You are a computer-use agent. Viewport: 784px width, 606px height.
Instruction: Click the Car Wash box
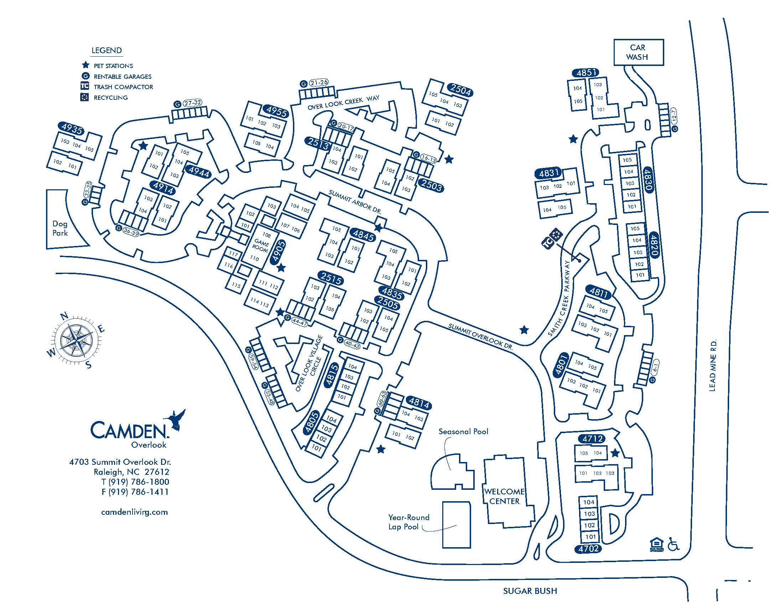(x=638, y=52)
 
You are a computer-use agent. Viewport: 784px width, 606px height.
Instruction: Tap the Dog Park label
(x=60, y=228)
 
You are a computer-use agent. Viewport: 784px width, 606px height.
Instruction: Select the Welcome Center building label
(x=504, y=497)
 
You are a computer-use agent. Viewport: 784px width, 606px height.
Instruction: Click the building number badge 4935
(x=72, y=129)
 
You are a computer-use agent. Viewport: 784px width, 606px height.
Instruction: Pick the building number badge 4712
(x=593, y=439)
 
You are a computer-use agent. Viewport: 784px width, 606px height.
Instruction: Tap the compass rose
(x=76, y=339)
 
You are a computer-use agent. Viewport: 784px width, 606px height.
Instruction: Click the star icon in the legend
(x=86, y=65)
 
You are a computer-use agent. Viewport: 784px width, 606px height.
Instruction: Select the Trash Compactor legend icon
(x=85, y=86)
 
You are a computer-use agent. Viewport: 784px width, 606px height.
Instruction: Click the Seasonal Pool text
(x=463, y=432)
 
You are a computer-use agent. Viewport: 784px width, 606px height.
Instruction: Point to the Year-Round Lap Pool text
(x=408, y=522)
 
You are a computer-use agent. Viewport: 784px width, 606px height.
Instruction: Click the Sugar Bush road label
(x=530, y=591)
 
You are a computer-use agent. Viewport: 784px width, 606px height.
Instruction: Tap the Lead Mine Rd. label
(x=713, y=365)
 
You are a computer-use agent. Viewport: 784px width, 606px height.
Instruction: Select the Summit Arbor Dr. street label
(x=355, y=202)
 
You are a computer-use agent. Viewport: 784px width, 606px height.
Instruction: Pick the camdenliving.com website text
(x=135, y=512)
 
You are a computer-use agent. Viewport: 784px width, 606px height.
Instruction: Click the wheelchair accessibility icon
(x=673, y=544)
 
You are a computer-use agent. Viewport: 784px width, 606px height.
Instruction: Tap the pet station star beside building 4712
(x=615, y=453)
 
